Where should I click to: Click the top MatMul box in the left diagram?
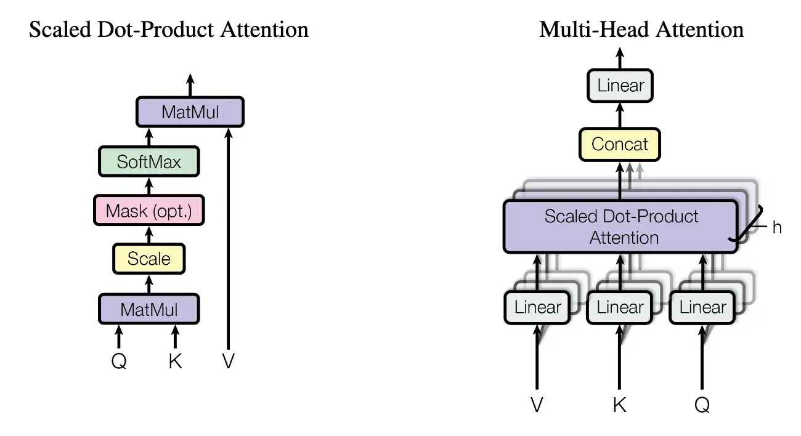[190, 112]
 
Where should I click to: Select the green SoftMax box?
[148, 162]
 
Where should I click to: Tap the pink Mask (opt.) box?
[148, 210]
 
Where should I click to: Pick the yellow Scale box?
[148, 258]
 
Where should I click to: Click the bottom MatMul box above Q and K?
[148, 309]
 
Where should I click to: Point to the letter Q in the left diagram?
[119, 361]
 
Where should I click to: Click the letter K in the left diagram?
[175, 361]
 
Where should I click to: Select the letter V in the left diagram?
[229, 361]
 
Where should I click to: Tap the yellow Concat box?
[619, 145]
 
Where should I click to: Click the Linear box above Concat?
[620, 86]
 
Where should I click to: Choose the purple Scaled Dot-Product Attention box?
[620, 227]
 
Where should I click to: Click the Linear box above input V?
[538, 307]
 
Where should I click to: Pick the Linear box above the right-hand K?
[620, 307]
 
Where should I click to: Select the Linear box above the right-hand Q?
[702, 307]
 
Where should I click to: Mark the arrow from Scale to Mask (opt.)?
[148, 234]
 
